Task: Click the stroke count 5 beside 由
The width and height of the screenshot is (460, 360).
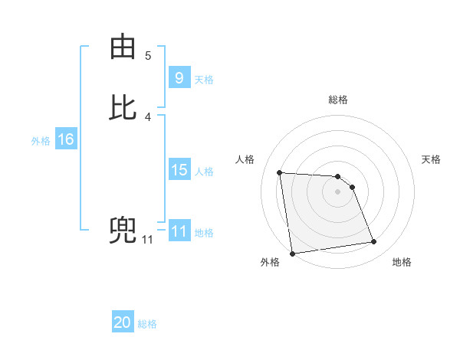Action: [148, 56]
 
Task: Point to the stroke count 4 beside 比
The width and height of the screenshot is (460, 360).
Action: [148, 117]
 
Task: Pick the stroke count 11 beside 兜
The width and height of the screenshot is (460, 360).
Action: [147, 240]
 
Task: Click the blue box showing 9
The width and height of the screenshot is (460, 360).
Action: [179, 77]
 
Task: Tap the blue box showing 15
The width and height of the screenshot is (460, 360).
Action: [179, 170]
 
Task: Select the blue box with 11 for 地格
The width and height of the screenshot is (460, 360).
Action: [179, 231]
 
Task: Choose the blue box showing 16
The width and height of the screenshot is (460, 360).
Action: [65, 139]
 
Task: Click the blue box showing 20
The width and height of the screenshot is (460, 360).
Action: [123, 322]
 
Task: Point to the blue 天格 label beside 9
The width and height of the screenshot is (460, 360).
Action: [204, 79]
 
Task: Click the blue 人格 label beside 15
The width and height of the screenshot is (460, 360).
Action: [204, 172]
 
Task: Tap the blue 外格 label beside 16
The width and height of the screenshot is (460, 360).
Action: [41, 141]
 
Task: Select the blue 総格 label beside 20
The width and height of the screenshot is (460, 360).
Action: [147, 324]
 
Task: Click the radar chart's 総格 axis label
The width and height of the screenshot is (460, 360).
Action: [337, 100]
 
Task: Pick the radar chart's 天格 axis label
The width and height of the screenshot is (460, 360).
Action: [432, 159]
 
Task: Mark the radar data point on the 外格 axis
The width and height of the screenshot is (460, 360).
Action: [291, 254]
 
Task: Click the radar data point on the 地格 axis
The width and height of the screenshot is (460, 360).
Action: [374, 242]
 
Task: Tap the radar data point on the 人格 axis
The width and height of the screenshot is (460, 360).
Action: [280, 172]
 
